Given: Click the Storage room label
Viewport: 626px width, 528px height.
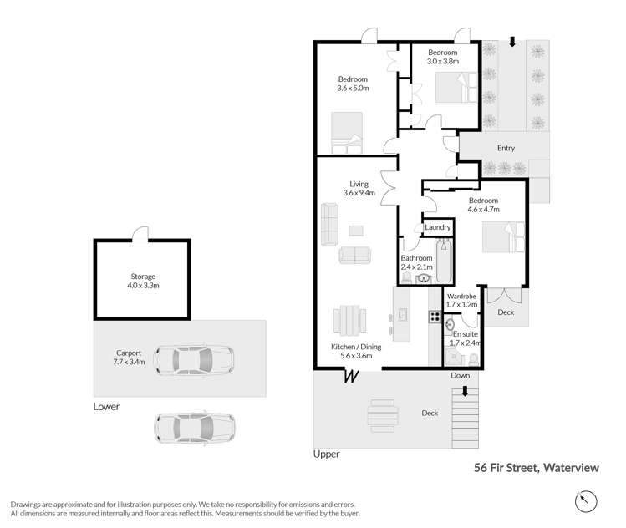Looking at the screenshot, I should click(x=144, y=281).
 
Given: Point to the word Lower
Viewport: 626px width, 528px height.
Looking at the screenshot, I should click(x=107, y=407).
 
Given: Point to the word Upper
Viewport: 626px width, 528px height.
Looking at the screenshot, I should click(x=325, y=454).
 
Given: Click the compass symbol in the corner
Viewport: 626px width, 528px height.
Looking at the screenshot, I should click(x=586, y=500).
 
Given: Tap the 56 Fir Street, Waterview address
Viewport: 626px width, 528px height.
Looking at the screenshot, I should click(x=537, y=468).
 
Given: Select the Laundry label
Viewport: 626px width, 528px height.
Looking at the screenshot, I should click(x=438, y=227).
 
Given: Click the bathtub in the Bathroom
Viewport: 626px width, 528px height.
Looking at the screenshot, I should click(x=444, y=261).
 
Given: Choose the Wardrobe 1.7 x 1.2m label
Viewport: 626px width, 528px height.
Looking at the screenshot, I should click(x=462, y=301).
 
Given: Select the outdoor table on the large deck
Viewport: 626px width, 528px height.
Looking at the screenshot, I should click(x=384, y=413).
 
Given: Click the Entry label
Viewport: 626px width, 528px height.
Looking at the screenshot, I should click(x=506, y=148).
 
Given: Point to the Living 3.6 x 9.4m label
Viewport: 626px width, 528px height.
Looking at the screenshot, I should click(x=359, y=189).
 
